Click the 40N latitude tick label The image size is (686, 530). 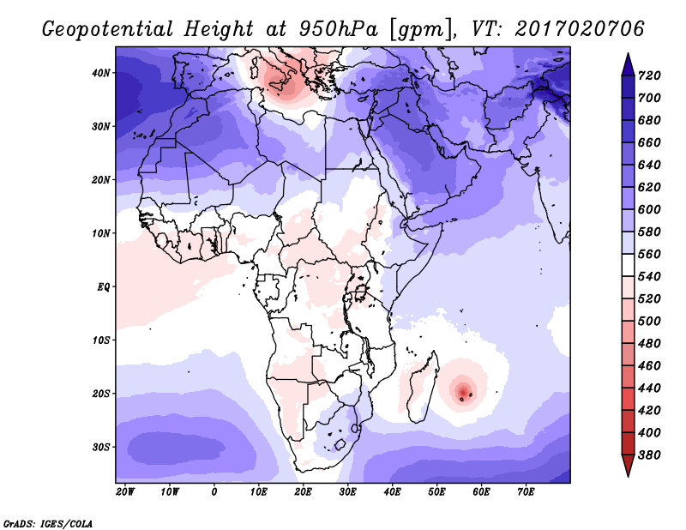click(101, 73)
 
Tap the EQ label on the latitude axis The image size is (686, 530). click(103, 287)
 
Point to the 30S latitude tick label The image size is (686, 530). click(101, 448)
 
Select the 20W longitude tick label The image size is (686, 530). click(125, 492)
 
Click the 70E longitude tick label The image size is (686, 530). click(526, 492)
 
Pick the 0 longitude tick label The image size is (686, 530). click(214, 492)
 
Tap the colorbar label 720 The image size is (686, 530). click(649, 75)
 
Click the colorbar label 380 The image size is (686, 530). click(649, 455)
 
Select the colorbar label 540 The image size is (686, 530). click(649, 277)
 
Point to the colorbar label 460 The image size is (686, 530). click(649, 366)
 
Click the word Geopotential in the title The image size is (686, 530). click(108, 30)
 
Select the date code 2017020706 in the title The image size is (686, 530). click(580, 29)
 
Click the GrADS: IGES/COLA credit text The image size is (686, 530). click(48, 523)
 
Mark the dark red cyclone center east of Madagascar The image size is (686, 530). click(463, 390)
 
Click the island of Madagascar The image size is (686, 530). click(421, 388)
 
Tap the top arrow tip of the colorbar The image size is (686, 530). click(628, 53)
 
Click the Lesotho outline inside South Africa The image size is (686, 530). click(340, 446)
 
